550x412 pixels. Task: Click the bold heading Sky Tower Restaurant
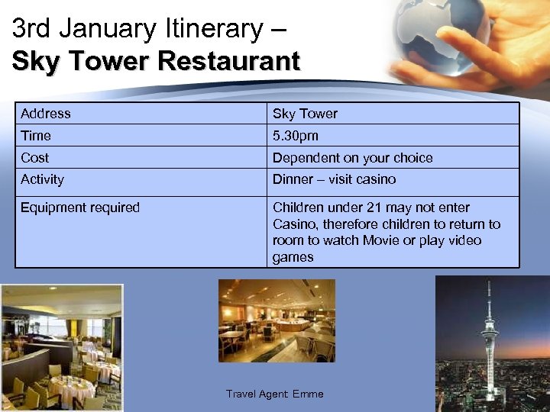pos(156,61)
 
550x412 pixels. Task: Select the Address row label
pos(46,114)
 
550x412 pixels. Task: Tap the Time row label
pos(36,136)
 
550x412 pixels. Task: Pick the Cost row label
pos(35,158)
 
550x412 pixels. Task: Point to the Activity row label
pos(42,179)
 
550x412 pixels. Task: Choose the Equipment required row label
pos(80,208)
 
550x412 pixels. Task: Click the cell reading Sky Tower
pos(305,114)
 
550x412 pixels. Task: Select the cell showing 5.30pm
pos(296,136)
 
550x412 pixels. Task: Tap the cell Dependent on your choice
pos(352,158)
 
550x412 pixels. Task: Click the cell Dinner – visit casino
pos(334,179)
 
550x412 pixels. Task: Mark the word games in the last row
pos(293,257)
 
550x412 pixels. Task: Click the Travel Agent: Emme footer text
pos(274,394)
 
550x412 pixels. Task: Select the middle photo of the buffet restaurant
pos(277,320)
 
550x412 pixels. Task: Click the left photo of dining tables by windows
pos(61,348)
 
